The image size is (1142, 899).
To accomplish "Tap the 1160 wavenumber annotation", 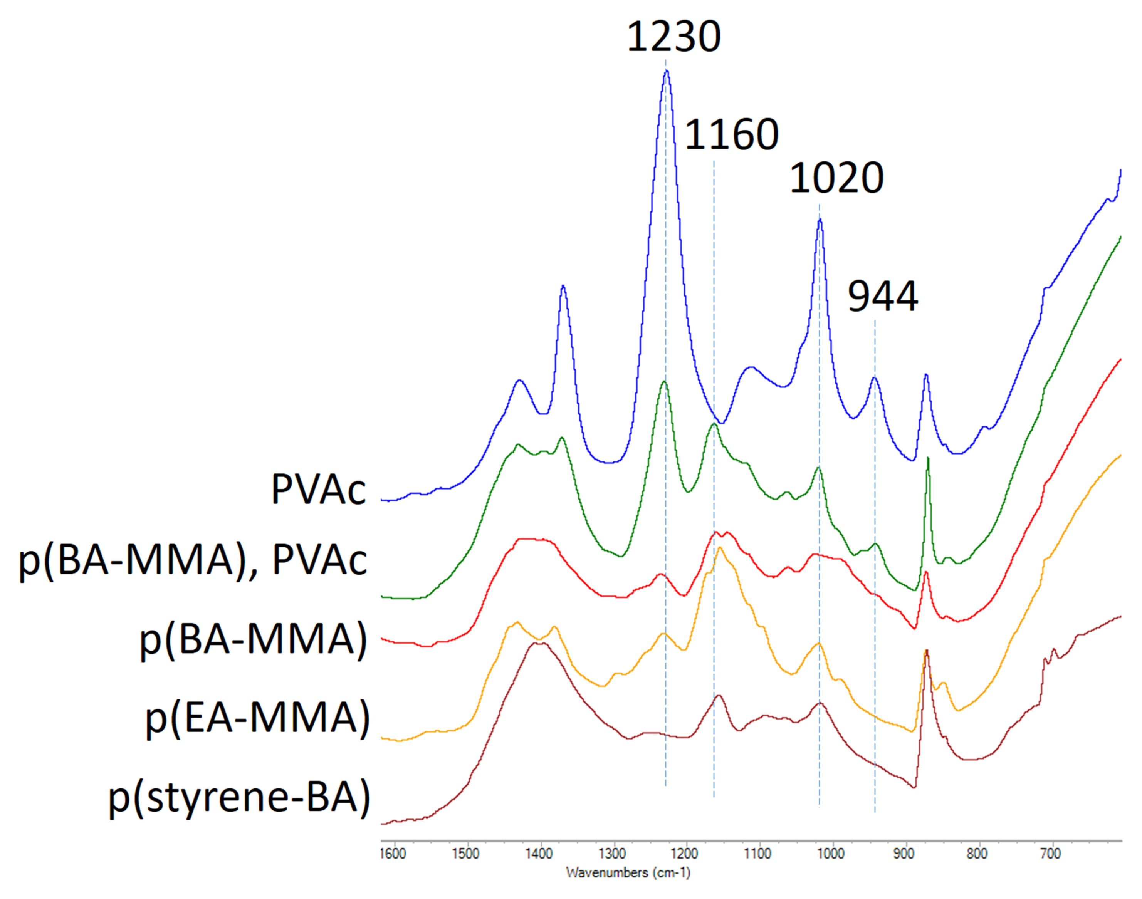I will pos(731,135).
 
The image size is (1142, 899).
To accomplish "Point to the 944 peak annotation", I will pos(883,297).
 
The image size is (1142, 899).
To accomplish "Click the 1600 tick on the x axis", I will pos(393,854).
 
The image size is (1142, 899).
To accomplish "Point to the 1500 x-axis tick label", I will pos(465,854).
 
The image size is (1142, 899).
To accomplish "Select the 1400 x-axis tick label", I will pos(539,854).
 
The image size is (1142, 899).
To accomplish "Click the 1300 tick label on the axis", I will pos(612,854).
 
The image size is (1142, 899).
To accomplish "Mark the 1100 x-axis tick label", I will pos(757,854).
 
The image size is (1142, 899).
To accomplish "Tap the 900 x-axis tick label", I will pos(904,854).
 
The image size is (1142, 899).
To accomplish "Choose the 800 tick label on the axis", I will pos(977,854).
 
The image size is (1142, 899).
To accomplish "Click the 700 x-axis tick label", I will pos(1050,854).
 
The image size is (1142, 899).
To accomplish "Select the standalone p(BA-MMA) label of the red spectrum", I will pos(253,639).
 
